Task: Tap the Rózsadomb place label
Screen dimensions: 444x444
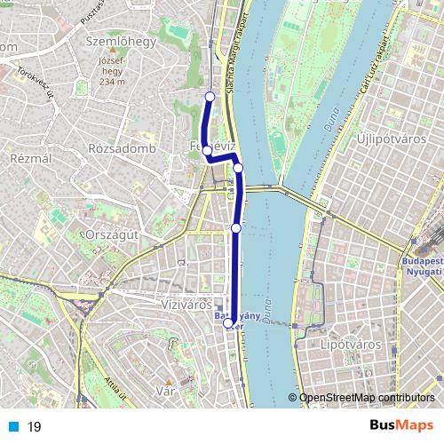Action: (x=123, y=148)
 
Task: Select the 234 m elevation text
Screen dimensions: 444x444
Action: (x=113, y=82)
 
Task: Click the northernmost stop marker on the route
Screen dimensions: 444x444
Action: (x=210, y=97)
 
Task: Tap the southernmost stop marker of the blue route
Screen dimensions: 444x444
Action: (x=228, y=324)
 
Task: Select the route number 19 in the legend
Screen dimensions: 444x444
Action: (x=34, y=427)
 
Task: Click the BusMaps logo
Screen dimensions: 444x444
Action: (x=400, y=426)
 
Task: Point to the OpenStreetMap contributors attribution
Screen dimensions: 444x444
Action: (x=365, y=398)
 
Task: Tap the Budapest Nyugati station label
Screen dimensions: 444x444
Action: (x=422, y=267)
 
